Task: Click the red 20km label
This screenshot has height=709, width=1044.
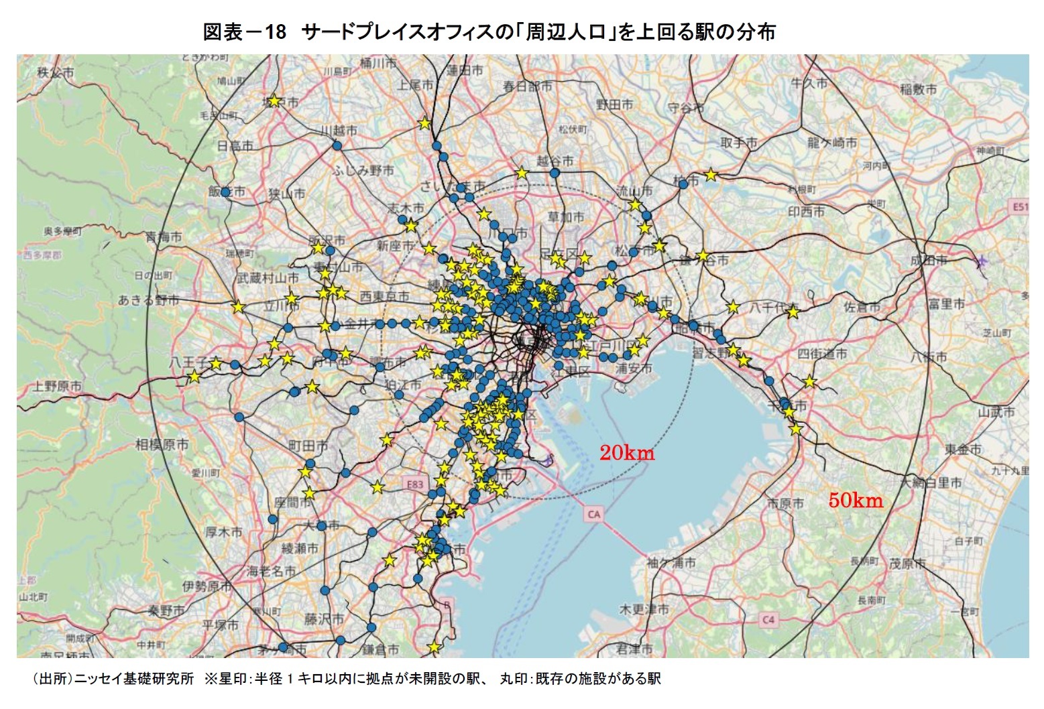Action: [626, 453]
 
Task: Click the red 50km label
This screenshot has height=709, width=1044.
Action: [856, 500]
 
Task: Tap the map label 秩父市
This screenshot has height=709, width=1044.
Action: [56, 72]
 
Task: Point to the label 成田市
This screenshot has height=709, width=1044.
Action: [929, 260]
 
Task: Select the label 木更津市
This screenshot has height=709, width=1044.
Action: [644, 609]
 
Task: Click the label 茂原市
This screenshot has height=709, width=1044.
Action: [907, 564]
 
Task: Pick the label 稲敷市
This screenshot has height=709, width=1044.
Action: [918, 89]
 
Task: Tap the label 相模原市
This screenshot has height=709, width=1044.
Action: [162, 444]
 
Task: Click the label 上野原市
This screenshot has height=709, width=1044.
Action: [57, 386]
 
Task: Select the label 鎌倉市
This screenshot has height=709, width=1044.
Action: [380, 649]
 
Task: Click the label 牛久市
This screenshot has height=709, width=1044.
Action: [809, 83]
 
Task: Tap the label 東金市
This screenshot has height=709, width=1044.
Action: [963, 449]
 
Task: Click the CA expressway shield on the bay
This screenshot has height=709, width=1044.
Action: [593, 514]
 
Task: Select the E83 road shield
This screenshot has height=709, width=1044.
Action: [416, 484]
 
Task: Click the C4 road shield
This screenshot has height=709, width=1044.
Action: [768, 620]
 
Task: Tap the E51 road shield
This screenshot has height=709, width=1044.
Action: [1019, 207]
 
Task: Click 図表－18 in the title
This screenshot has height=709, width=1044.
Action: [244, 31]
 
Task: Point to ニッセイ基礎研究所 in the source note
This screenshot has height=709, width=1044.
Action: [134, 679]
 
